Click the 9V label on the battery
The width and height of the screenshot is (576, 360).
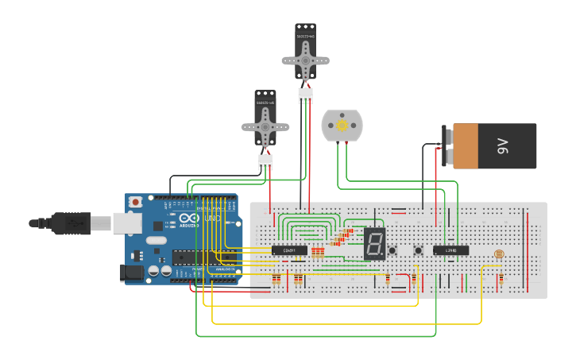pyautogui.click(x=502, y=146)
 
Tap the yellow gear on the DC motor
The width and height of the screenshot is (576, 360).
pyautogui.click(x=342, y=126)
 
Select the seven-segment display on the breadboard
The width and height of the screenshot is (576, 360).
pyautogui.click(x=375, y=244)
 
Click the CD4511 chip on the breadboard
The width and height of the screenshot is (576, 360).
pyautogui.click(x=289, y=250)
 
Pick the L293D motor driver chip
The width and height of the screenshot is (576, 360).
pyautogui.click(x=450, y=250)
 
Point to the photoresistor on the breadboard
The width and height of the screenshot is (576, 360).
pyautogui.click(x=499, y=254)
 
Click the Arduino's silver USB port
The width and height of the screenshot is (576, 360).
pyautogui.click(x=127, y=224)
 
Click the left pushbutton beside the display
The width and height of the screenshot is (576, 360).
pyautogui.click(x=392, y=251)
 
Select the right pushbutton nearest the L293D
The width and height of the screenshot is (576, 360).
pyautogui.click(x=419, y=251)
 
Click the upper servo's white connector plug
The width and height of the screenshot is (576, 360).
pyautogui.click(x=305, y=95)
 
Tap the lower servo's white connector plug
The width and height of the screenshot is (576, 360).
pyautogui.click(x=265, y=162)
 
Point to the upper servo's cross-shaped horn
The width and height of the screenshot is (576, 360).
pyautogui.click(x=305, y=60)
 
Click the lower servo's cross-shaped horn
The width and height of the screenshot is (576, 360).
pyautogui.click(x=265, y=126)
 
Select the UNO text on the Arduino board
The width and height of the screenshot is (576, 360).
pyautogui.click(x=212, y=218)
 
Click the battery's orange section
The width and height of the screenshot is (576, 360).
pyautogui.click(x=466, y=146)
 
